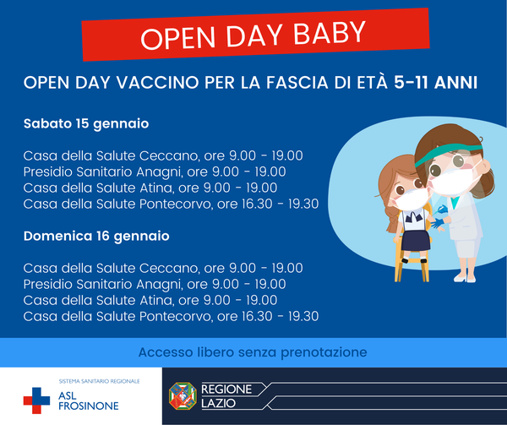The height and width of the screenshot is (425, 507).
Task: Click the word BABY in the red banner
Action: pyautogui.click(x=330, y=33)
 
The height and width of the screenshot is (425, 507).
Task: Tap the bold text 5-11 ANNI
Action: pyautogui.click(x=435, y=83)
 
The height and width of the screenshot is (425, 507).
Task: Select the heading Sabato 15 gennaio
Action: pyautogui.click(x=86, y=124)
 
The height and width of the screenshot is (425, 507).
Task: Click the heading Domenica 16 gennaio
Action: pyautogui.click(x=96, y=237)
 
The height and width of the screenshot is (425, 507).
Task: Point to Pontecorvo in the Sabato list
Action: pyautogui.click(x=176, y=204)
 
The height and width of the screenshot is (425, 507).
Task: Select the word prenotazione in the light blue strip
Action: pyautogui.click(x=324, y=352)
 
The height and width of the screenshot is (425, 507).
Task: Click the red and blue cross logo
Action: pyautogui.click(x=36, y=400)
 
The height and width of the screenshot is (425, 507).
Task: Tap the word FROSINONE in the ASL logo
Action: pyautogui.click(x=89, y=406)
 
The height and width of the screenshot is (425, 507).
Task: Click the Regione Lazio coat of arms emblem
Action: pyautogui.click(x=183, y=396)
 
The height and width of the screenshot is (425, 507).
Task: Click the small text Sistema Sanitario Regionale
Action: pyautogui.click(x=99, y=381)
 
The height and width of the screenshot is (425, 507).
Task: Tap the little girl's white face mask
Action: pyautogui.click(x=410, y=199)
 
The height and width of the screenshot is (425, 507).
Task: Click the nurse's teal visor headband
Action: pyautogui.click(x=448, y=153)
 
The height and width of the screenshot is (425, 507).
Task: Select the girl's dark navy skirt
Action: pyautogui.click(x=416, y=240)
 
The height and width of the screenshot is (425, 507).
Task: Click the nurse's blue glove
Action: pyautogui.click(x=438, y=223)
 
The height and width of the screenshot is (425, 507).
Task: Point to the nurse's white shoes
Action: pyautogui.click(x=465, y=278)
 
